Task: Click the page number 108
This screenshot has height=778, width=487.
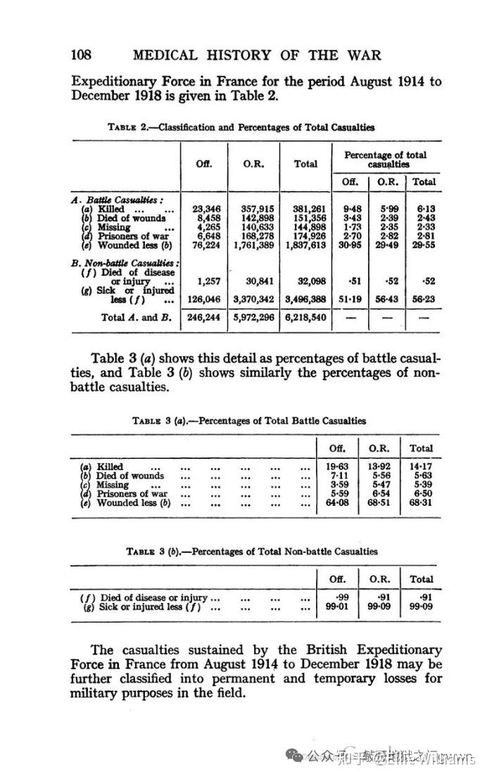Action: [x=82, y=55]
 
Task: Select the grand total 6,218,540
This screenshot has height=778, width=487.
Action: [x=305, y=317]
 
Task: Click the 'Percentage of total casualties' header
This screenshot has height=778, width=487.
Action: [x=385, y=159]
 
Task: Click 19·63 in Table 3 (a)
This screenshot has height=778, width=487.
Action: [x=343, y=467]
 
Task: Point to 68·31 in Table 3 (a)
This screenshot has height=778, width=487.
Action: [x=421, y=503]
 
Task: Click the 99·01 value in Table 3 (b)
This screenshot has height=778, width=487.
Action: [x=343, y=607]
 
